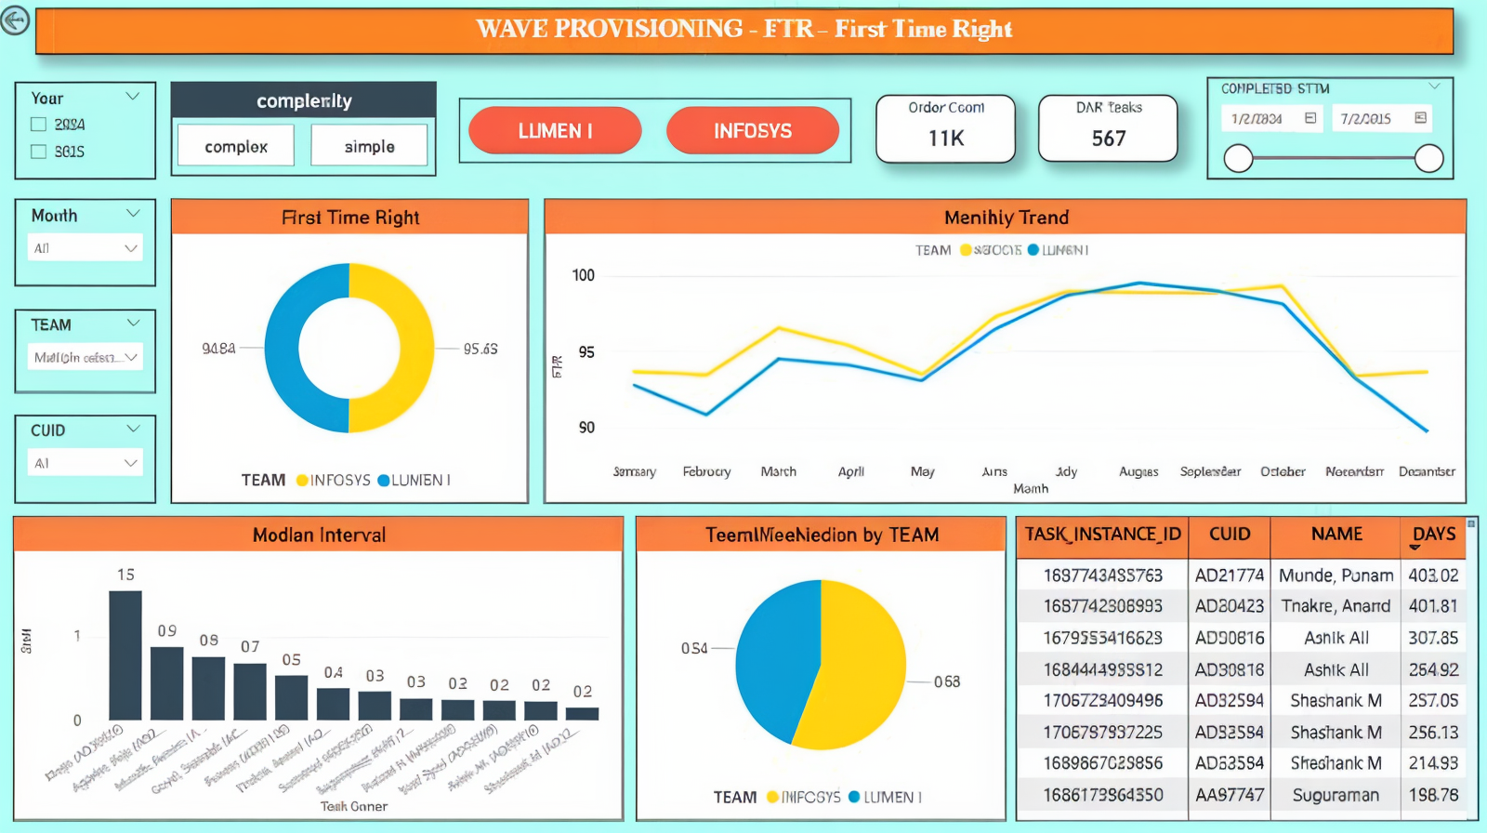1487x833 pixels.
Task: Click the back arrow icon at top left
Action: [15, 20]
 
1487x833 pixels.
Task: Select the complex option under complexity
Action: [236, 146]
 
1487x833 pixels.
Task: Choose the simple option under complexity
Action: [369, 146]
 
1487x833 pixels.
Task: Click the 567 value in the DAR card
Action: [1109, 139]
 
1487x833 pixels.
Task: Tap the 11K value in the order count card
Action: [946, 139]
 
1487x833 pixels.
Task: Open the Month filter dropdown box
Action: [86, 248]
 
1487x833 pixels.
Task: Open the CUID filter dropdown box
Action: [86, 463]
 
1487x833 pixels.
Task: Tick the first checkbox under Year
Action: [39, 125]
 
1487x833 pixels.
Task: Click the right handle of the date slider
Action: [1428, 159]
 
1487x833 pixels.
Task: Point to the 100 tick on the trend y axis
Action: [584, 275]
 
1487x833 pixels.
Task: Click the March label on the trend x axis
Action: [778, 471]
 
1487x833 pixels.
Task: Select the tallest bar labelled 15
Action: [125, 654]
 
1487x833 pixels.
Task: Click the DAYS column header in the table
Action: [1433, 535]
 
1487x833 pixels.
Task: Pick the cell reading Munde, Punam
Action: [1336, 575]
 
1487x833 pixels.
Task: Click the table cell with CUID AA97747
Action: [1229, 795]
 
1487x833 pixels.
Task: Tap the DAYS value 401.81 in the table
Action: [1432, 606]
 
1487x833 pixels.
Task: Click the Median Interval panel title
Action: [319, 535]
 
